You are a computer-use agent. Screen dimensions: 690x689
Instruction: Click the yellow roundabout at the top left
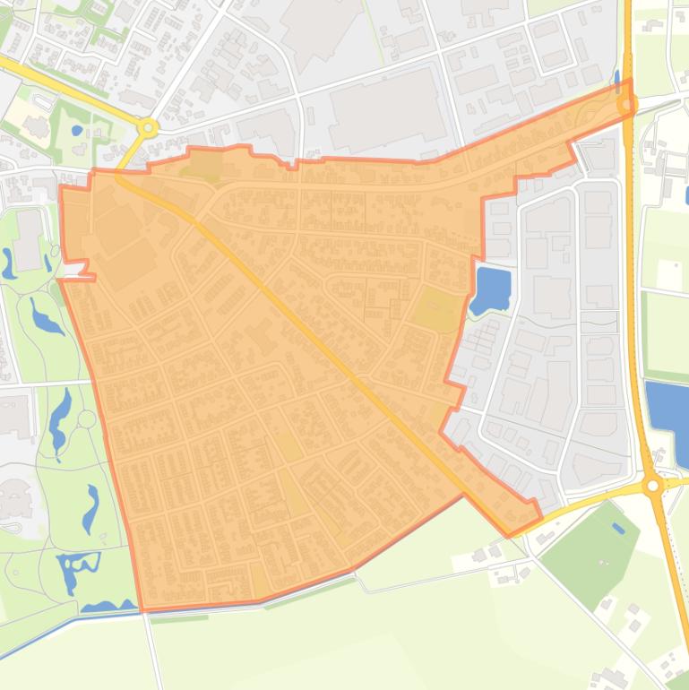149,128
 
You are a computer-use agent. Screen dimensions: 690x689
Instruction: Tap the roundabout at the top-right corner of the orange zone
626,106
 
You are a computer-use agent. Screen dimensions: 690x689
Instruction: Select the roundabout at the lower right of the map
653,486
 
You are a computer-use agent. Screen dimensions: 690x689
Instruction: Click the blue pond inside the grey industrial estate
491,289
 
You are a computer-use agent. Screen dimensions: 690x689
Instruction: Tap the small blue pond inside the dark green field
618,528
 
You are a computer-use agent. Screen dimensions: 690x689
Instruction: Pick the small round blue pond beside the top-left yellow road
77,131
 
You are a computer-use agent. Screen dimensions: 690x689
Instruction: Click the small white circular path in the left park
86,418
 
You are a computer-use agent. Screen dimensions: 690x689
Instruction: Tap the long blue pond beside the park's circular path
60,417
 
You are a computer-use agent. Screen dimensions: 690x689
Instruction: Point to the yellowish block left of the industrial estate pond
439,310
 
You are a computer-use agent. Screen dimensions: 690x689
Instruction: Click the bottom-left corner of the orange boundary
142,611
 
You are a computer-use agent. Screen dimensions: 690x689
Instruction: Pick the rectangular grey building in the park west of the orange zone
28,239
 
